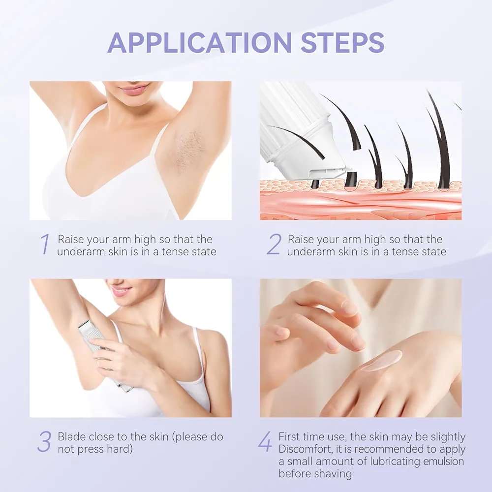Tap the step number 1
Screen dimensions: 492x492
pos(45,244)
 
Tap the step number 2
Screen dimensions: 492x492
pos(274,244)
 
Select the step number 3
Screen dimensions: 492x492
pos(44,441)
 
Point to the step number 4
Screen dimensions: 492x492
pos(265,441)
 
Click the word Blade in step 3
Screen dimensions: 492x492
pos(71,436)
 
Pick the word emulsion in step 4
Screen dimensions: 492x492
pos(444,461)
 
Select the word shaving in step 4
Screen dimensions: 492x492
pos(334,474)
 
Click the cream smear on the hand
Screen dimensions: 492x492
pos(381,360)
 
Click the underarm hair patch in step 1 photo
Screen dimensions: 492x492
pos(189,153)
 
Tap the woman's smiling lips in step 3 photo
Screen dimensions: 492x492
pos(120,291)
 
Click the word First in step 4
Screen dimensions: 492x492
pos(290,436)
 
